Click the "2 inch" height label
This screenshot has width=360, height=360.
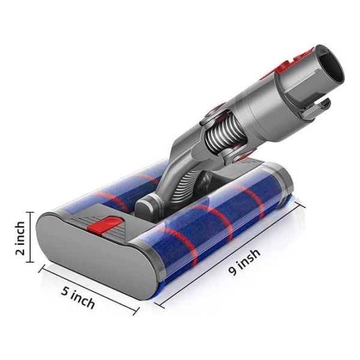coord(20,238)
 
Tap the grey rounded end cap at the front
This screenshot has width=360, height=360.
coord(97,255)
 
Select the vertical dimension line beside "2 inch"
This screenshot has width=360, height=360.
coord(30,237)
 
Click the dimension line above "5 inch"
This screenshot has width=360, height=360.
coord(89,290)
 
